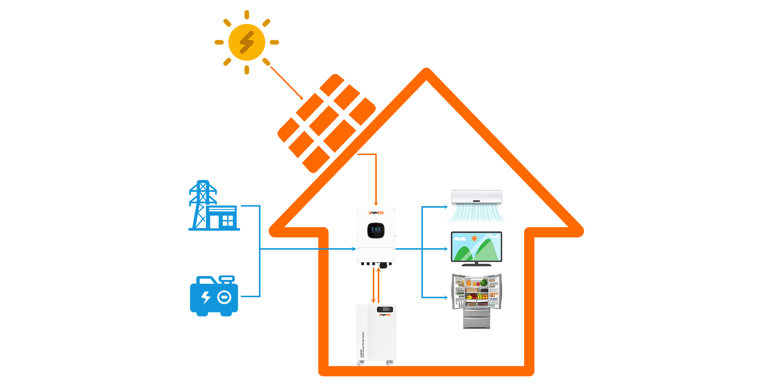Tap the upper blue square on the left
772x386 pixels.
click(x=214, y=205)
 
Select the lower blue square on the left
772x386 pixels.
click(x=214, y=296)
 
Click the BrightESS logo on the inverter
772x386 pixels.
click(x=376, y=213)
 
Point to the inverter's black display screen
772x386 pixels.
click(x=376, y=230)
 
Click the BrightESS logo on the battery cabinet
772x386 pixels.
click(x=385, y=315)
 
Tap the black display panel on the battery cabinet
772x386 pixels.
click(x=385, y=309)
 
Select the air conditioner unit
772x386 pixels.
click(x=477, y=198)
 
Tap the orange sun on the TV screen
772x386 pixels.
click(x=474, y=239)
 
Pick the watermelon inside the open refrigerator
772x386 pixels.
click(x=484, y=283)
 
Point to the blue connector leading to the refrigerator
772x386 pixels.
click(x=435, y=297)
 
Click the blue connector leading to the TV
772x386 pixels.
click(x=435, y=249)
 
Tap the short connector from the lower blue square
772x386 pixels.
click(x=249, y=296)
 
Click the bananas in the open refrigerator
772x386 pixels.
click(x=469, y=297)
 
